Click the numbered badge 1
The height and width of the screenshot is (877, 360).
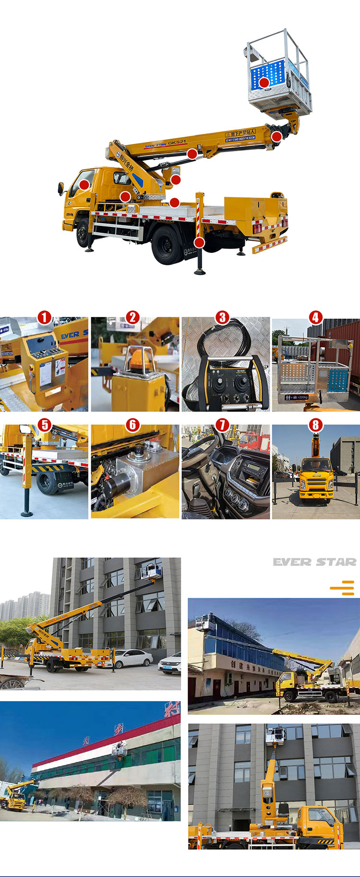44,317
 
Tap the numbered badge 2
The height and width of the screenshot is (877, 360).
133,317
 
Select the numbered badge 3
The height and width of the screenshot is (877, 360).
222,317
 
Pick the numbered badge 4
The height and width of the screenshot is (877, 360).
315,317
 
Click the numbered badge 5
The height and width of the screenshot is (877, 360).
44,425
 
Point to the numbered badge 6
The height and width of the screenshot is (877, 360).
133,425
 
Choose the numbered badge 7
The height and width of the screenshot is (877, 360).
222,425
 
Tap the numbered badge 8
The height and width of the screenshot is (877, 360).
315,425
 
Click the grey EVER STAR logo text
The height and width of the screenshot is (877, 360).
314,562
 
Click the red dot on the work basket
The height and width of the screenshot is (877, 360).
264,83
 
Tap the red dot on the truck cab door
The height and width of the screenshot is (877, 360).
84,184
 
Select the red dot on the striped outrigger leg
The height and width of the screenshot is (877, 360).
199,242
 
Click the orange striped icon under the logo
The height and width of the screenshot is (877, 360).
343,587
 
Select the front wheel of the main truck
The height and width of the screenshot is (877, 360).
83,233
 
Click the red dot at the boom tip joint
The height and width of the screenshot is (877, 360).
276,137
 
